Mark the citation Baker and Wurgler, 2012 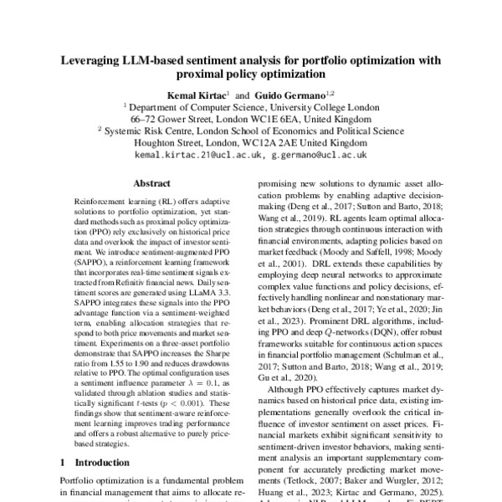coord(396,471)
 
